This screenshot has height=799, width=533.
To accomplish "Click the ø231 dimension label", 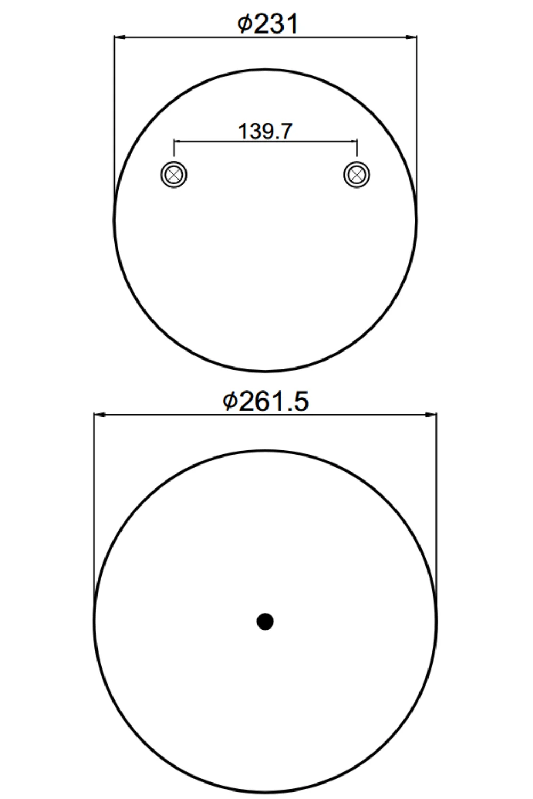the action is click(268, 24).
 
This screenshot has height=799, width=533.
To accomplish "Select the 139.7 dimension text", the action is click(265, 131).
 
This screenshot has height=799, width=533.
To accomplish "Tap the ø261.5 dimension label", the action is click(265, 401).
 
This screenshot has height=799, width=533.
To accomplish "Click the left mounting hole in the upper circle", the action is click(174, 175).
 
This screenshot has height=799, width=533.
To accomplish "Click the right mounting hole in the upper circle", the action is click(357, 175).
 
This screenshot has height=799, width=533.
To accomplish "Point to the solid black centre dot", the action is click(265, 622).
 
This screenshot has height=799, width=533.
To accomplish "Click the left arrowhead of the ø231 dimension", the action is click(119, 37).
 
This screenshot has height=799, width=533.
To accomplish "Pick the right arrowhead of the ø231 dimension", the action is click(411, 37).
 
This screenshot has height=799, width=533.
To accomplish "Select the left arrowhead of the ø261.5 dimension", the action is click(100, 414).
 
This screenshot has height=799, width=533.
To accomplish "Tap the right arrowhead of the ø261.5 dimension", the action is click(431, 414).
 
